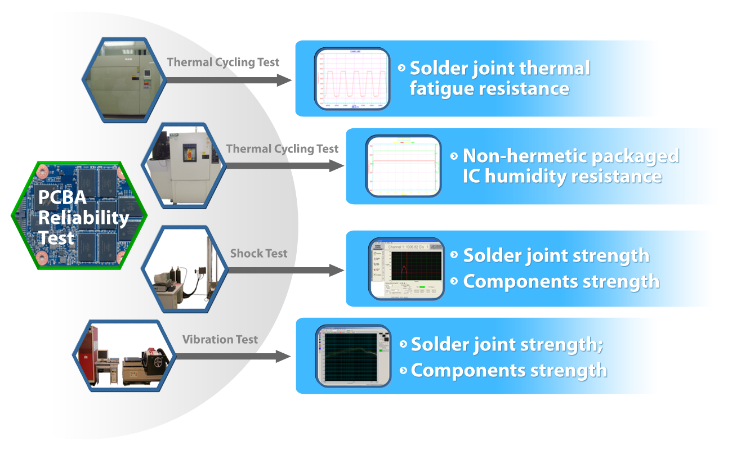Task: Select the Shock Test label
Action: (x=258, y=254)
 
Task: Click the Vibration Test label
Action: (x=220, y=340)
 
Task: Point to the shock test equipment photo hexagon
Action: (x=185, y=269)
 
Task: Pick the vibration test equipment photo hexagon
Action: (x=124, y=355)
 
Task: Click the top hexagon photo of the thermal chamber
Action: (x=125, y=79)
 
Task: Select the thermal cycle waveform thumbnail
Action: (x=352, y=78)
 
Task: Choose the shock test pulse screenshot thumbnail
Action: (x=406, y=268)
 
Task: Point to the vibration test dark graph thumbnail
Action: (x=353, y=355)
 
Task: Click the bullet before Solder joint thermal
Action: (x=401, y=68)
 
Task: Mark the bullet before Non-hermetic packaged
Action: (x=454, y=156)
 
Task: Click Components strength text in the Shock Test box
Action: (x=561, y=281)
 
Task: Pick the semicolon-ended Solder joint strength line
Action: (x=507, y=344)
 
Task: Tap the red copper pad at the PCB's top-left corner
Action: (x=41, y=169)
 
